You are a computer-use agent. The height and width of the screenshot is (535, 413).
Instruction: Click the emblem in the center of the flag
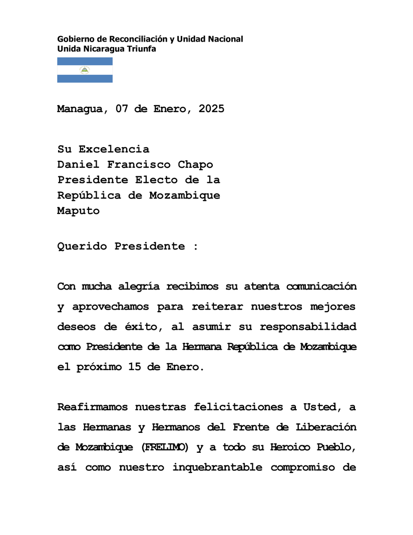pyautogui.click(x=85, y=70)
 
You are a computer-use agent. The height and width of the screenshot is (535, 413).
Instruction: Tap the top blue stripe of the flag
pyautogui.click(x=85, y=61)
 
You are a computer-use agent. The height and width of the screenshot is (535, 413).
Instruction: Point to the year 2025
pyautogui.click(x=211, y=109)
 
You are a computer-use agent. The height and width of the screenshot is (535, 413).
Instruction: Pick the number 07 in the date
pyautogui.click(x=121, y=109)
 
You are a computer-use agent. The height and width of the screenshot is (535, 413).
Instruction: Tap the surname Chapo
pyautogui.click(x=192, y=165)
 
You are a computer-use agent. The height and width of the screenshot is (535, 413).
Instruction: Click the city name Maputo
pyautogui.click(x=79, y=211)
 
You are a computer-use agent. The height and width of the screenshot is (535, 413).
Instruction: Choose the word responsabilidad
pyautogui.click(x=308, y=327)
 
